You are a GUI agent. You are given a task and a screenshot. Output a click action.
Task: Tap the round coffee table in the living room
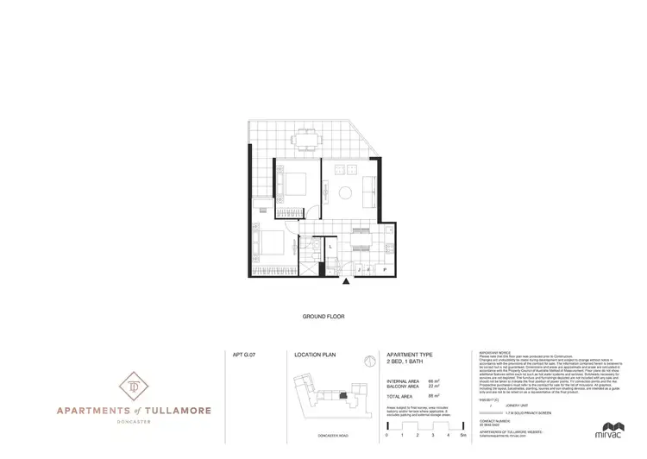pyautogui.click(x=344, y=192)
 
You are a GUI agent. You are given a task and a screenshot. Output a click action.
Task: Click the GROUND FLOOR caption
pyautogui.click(x=323, y=317)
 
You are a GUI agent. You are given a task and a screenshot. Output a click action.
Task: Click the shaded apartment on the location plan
pyautogui.click(x=342, y=396)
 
